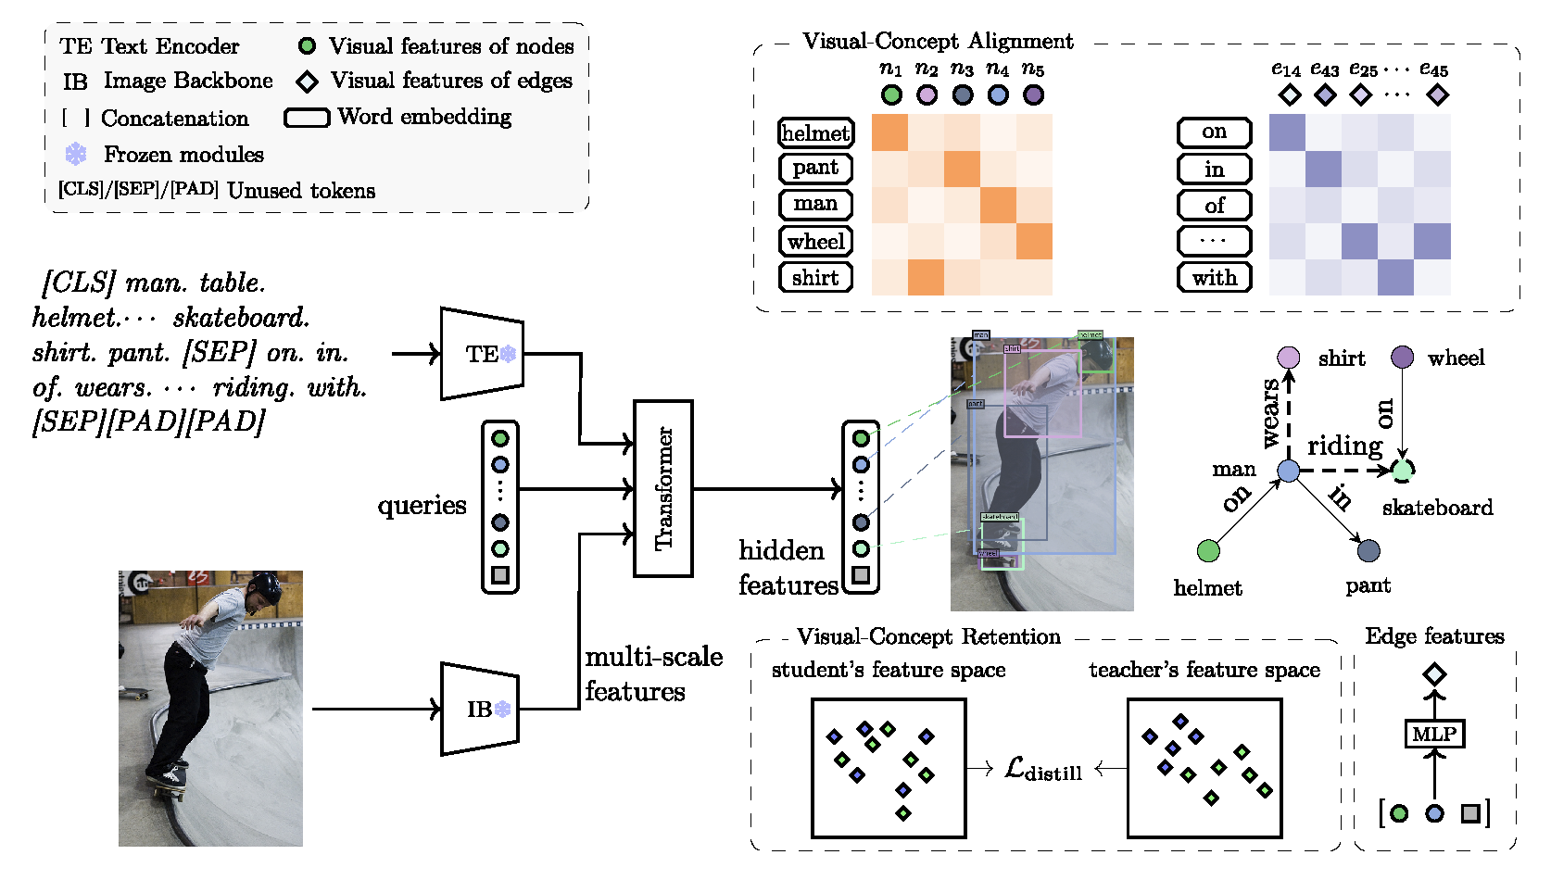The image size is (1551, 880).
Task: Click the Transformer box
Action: (x=663, y=488)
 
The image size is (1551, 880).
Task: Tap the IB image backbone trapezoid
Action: (x=479, y=709)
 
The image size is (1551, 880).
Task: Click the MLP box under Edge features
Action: (x=1434, y=734)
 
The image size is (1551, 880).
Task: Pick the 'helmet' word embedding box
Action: (x=815, y=133)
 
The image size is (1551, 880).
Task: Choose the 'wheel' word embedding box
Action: (x=815, y=242)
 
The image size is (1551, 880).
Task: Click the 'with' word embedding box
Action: (x=1214, y=277)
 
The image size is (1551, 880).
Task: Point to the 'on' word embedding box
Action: (x=1214, y=132)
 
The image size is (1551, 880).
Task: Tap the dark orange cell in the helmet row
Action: (x=889, y=132)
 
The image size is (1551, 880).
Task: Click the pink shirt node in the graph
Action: (x=1289, y=358)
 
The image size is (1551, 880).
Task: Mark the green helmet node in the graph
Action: (x=1208, y=551)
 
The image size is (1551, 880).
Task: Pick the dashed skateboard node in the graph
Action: (x=1403, y=471)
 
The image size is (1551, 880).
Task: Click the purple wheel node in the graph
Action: (x=1403, y=358)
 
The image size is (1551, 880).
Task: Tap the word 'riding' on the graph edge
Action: (x=1344, y=446)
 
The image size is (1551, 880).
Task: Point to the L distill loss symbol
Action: (x=1042, y=769)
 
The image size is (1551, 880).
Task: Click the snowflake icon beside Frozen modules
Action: (x=76, y=155)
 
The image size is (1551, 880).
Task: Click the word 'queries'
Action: (x=422, y=506)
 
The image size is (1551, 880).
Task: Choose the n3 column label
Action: (x=962, y=69)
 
